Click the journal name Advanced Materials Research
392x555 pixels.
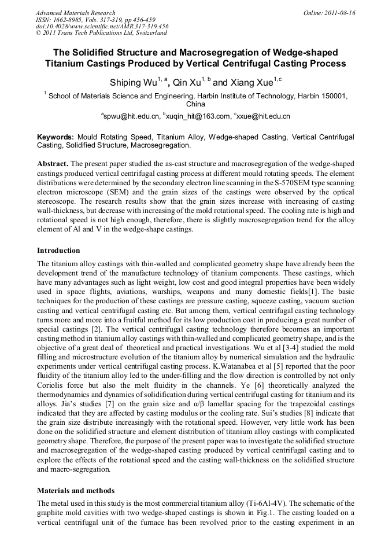[x=75, y=13]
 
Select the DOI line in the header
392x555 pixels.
[x=102, y=26]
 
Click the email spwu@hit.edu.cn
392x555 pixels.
[x=131, y=116]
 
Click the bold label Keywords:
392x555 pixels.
[x=55, y=137]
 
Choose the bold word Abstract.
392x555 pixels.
[x=53, y=164]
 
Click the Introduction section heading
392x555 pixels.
[x=58, y=251]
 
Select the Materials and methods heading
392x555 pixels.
[x=76, y=490]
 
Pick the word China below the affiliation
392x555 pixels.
[x=195, y=105]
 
